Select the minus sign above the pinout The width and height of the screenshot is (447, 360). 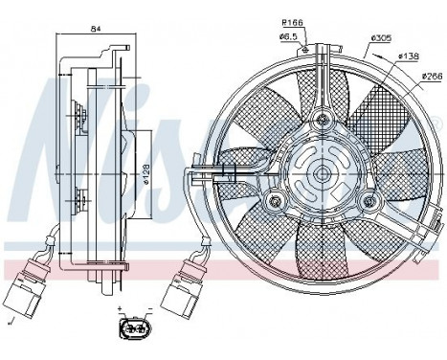click(x=149, y=311)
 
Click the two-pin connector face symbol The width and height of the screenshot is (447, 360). click(x=134, y=331)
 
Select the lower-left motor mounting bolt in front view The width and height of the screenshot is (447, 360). click(x=275, y=200)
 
